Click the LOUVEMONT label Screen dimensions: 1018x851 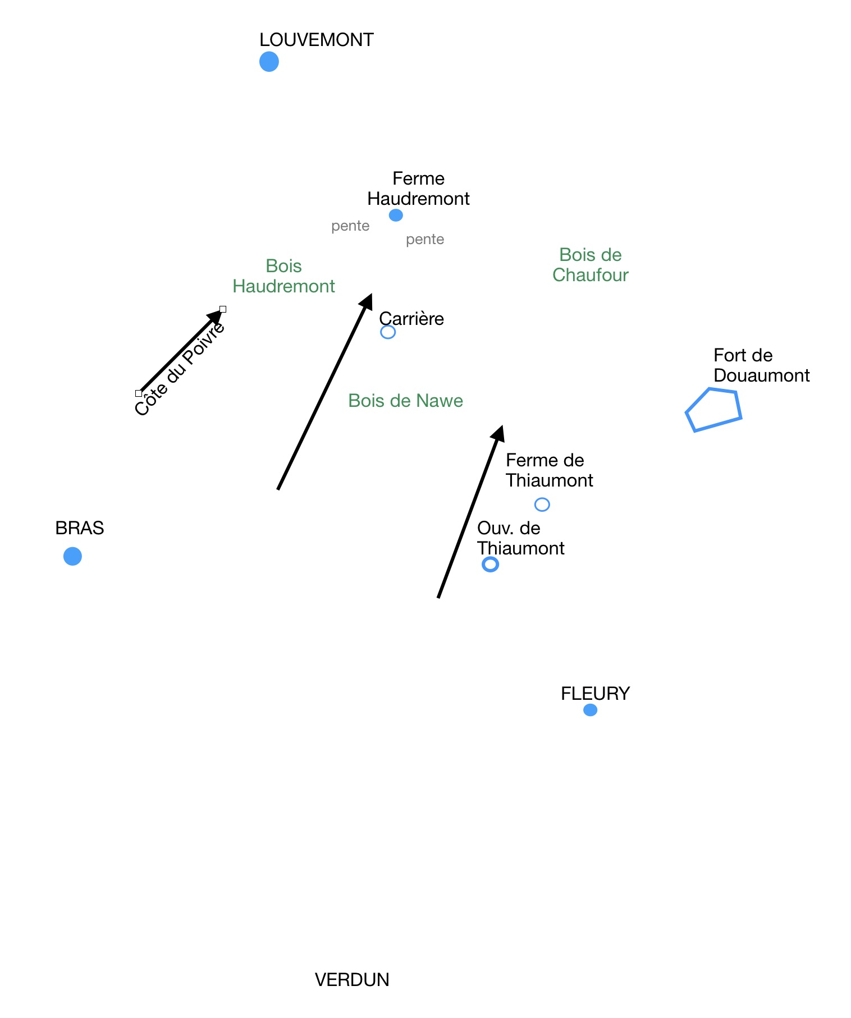316,40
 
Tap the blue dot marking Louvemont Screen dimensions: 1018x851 269,61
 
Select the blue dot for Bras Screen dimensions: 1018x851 72,556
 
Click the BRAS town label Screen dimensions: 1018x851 79,528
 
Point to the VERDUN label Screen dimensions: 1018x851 351,980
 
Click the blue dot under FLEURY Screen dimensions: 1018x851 590,710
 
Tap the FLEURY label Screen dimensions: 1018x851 595,694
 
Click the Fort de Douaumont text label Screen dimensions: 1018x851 761,365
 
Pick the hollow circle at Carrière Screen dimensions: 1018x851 387,332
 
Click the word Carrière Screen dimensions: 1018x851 411,319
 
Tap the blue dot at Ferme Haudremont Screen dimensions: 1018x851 396,215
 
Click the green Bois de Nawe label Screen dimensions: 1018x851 405,401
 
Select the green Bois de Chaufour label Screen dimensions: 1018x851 590,265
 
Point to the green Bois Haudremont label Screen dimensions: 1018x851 283,276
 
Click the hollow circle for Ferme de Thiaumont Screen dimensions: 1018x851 542,505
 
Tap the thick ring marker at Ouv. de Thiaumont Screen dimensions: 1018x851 490,564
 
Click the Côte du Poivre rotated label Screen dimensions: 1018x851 180,369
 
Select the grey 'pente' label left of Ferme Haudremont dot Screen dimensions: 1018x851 350,226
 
